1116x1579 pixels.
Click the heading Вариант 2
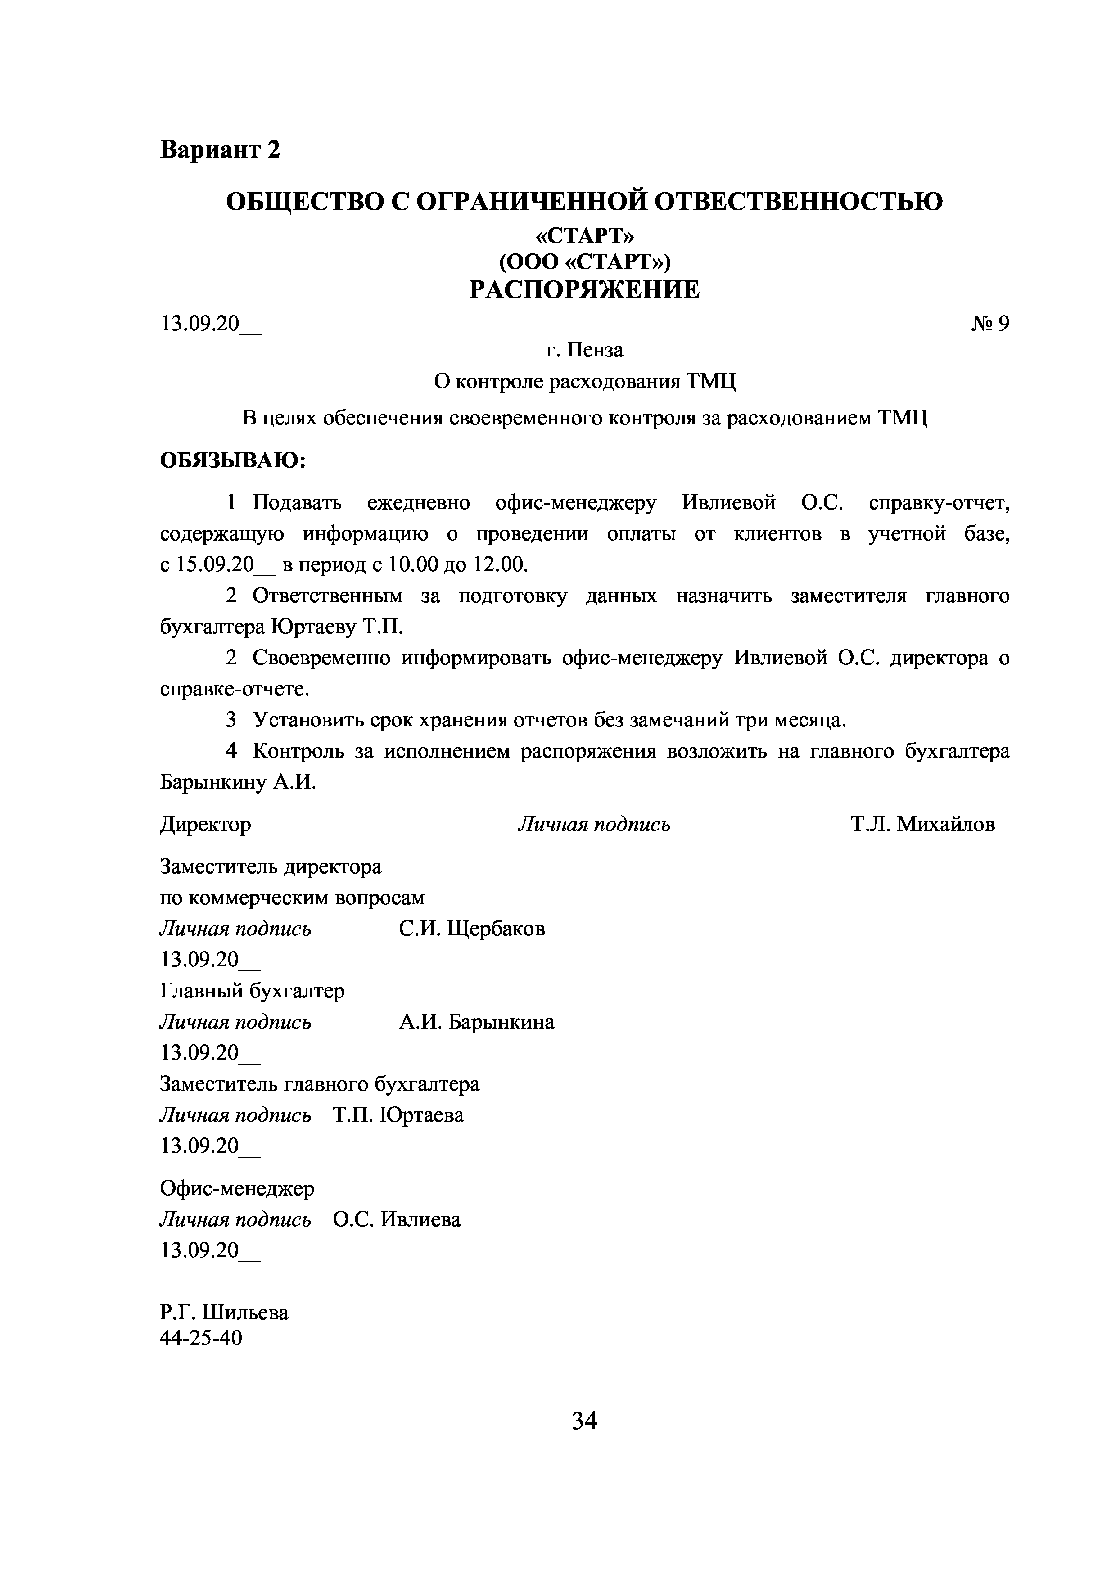(220, 149)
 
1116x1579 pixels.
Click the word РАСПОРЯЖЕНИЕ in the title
(584, 290)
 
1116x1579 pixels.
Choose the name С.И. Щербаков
(472, 929)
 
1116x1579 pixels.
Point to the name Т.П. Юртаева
(398, 1115)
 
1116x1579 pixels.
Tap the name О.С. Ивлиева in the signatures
(397, 1219)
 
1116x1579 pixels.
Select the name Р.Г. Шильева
(224, 1313)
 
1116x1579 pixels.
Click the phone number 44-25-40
(202, 1338)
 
